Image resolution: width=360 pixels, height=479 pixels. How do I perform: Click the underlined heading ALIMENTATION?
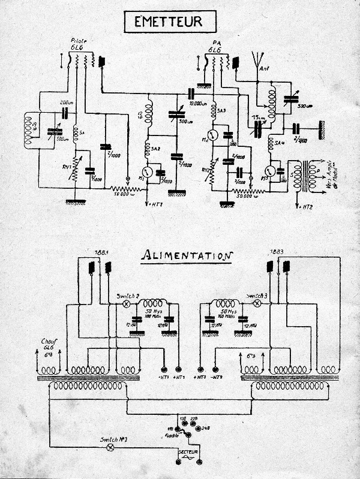(186, 255)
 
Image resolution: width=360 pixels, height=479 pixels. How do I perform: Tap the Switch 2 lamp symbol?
(127, 305)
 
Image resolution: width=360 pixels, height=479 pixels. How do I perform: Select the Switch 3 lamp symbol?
(257, 304)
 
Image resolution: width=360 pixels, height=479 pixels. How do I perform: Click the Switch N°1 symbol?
(110, 447)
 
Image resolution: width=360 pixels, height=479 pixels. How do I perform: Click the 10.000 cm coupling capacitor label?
(198, 103)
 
